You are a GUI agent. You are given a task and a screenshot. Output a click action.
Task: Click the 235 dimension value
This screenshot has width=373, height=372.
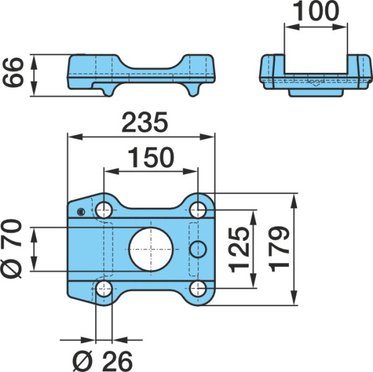(x=145, y=123)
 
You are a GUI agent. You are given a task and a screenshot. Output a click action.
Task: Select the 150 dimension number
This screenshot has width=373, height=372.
(x=151, y=157)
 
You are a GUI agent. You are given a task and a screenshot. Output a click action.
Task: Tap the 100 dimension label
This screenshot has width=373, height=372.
(x=316, y=11)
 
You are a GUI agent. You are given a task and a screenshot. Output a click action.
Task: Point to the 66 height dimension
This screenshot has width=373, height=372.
(x=14, y=73)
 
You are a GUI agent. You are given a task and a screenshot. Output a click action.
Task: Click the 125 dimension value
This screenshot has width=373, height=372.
(x=239, y=249)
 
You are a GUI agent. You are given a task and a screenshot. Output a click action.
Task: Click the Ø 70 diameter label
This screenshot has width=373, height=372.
(x=12, y=249)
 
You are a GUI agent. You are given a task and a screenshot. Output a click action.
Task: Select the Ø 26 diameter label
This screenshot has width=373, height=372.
(x=103, y=361)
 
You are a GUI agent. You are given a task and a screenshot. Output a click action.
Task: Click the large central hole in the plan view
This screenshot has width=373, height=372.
(x=151, y=249)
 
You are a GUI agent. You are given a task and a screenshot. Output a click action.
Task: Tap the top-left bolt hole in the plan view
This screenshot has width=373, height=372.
(x=104, y=210)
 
